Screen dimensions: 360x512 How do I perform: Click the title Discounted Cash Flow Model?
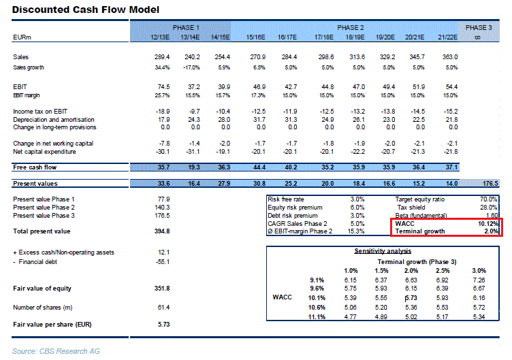(86, 10)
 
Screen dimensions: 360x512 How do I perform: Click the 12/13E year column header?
(159, 36)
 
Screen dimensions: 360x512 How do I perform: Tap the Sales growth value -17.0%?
(191, 67)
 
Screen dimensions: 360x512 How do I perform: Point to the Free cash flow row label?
(33, 167)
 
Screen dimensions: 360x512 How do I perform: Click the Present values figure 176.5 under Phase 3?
(490, 183)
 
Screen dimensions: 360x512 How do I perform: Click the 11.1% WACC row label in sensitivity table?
(315, 316)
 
